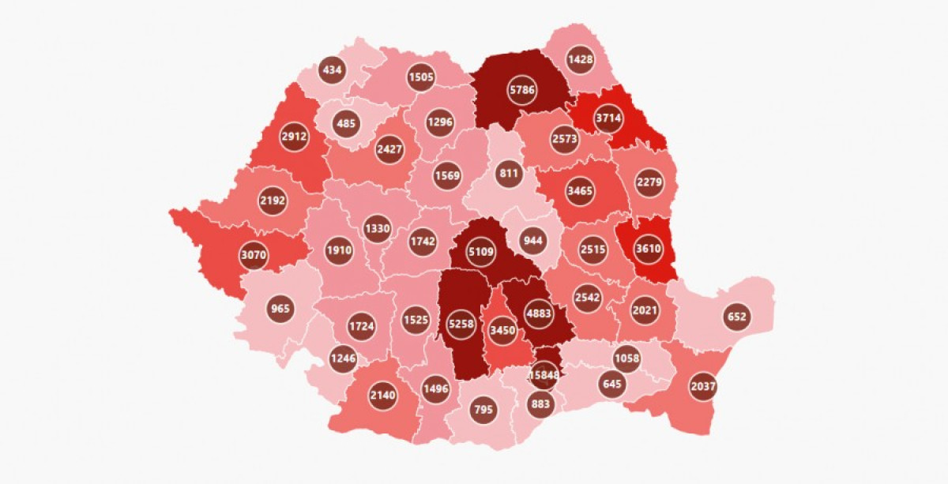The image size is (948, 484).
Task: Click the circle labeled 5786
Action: point(523,90)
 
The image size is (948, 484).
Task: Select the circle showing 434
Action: point(333,70)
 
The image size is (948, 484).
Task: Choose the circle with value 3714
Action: point(609,119)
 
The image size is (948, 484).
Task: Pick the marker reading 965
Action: point(280,309)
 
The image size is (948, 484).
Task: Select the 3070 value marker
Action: point(254,256)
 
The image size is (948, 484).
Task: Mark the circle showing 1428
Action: point(581,60)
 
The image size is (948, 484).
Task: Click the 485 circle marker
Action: point(347,124)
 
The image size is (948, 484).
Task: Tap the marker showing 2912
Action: point(293,137)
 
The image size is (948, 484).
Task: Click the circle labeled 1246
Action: point(344,358)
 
